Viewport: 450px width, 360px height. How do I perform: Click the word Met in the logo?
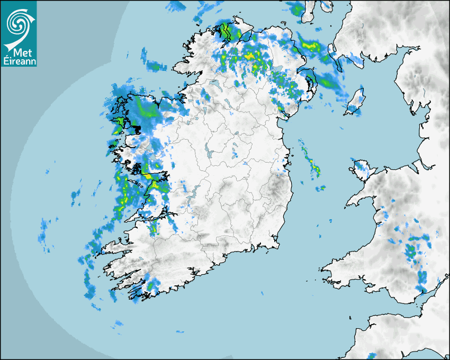19,53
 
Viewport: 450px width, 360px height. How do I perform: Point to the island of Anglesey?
362,168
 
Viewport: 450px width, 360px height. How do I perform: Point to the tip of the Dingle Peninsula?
104,248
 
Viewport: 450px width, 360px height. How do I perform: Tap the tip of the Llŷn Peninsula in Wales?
349,203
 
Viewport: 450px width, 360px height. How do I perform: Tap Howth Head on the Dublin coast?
290,161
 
